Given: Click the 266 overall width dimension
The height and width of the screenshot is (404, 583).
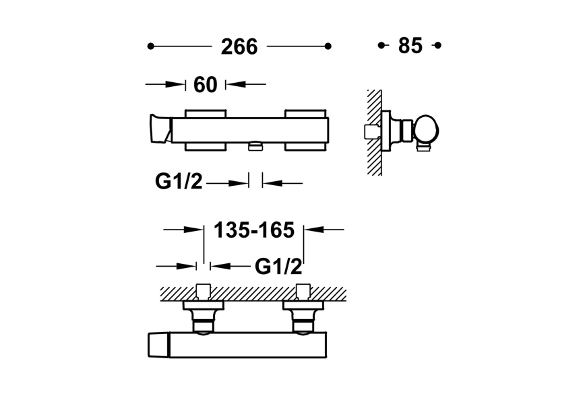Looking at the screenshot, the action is point(239,46).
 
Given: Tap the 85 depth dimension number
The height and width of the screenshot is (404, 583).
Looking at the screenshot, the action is point(410,46).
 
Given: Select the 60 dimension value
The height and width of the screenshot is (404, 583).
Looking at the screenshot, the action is point(206,85).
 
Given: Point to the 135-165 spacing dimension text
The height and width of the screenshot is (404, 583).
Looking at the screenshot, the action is point(254,230).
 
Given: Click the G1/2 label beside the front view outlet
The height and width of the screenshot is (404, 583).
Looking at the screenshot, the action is point(179,182).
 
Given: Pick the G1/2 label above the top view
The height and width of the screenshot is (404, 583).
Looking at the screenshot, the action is point(278,266).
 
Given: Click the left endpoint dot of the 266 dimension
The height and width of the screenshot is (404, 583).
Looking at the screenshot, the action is point(150,46).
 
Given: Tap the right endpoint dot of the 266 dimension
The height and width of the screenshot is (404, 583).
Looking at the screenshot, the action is point(328,46).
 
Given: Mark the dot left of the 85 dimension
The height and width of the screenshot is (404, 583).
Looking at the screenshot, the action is point(381,45).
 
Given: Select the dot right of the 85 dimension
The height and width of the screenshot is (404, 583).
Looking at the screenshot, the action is point(437,45).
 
